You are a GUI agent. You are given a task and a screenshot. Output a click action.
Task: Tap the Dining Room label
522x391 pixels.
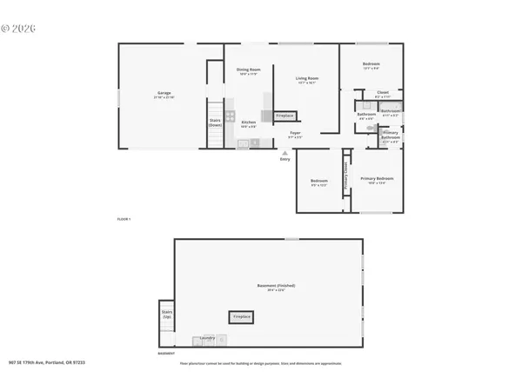coord(249,71)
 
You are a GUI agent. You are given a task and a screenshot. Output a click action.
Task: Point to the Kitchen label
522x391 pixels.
coord(249,123)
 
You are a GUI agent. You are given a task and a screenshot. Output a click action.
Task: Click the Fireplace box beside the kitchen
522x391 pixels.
coord(285,116)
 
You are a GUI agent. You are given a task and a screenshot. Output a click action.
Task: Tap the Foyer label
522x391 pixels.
coord(296,135)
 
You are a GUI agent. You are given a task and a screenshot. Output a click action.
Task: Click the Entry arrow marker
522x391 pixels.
coord(284,154)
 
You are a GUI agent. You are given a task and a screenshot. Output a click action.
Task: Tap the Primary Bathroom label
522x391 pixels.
coord(391,136)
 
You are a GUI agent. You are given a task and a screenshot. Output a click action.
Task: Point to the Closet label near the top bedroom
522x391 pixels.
coord(383,93)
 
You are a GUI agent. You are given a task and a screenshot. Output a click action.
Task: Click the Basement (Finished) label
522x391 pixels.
coord(270,287)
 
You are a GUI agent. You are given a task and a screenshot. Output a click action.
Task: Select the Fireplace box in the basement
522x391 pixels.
coord(241,317)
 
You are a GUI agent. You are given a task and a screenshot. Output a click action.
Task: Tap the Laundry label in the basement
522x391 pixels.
coord(207,337)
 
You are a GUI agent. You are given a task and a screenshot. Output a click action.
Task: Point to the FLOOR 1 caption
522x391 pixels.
coord(123,219)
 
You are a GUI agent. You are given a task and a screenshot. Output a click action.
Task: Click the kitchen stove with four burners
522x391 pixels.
coord(231,116)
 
